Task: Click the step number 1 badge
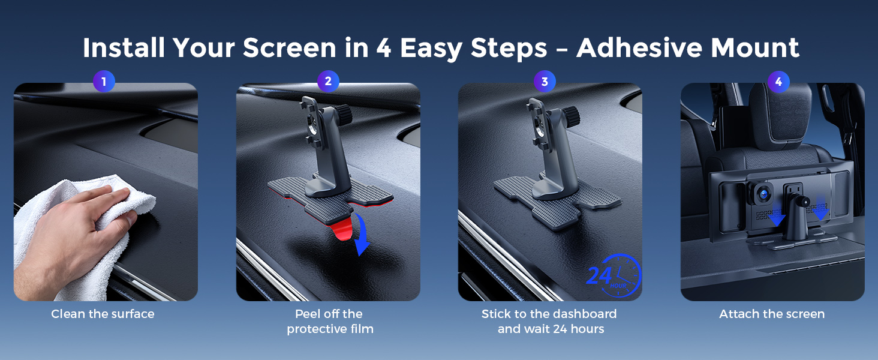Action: coord(104,82)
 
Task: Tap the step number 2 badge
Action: coord(328,81)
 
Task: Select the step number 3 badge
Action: coord(545,82)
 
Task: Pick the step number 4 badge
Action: coord(778,82)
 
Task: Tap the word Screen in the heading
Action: coord(289,48)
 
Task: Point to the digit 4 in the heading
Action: coord(384,48)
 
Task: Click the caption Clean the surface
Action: coord(103,314)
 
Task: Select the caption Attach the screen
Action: coord(772,314)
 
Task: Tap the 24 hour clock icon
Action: coord(614,275)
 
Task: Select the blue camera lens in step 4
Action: coord(764,193)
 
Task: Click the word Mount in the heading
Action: coord(755,48)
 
